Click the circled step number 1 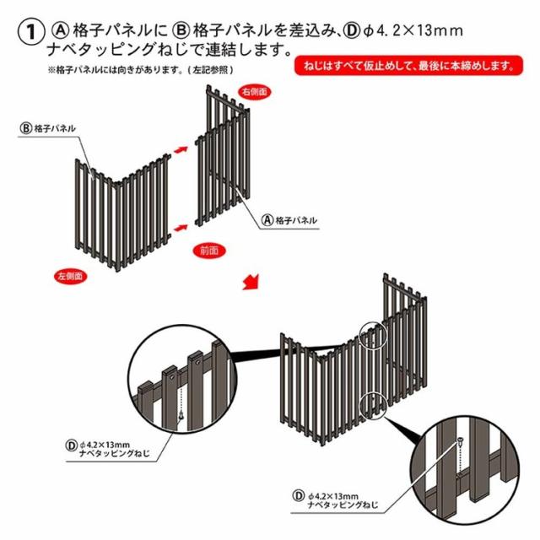30,34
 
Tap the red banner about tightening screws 403,65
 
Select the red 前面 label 210,250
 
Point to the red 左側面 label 69,275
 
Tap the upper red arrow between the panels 180,147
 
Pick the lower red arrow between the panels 180,229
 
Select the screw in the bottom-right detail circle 461,444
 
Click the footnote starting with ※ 140,70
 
